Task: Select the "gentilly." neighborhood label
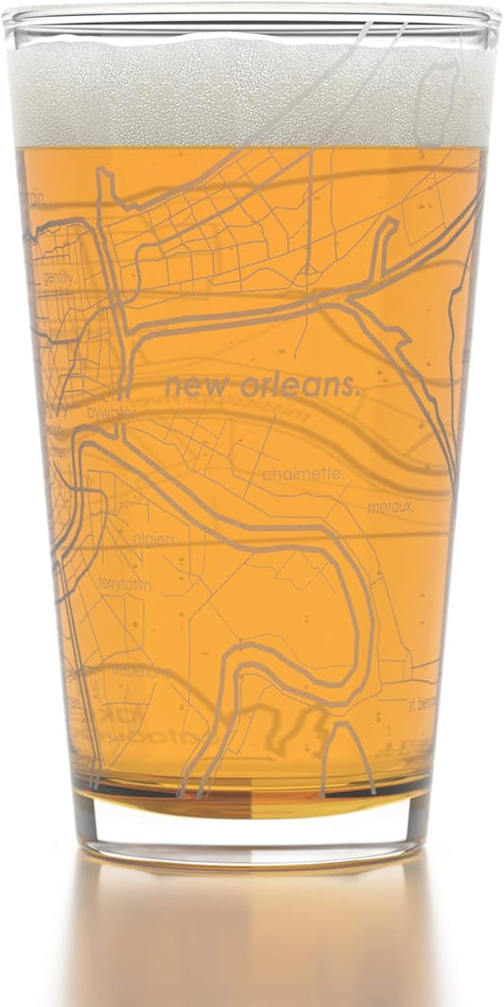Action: [58, 277]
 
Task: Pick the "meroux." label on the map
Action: [390, 507]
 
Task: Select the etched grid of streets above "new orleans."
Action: [217, 227]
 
